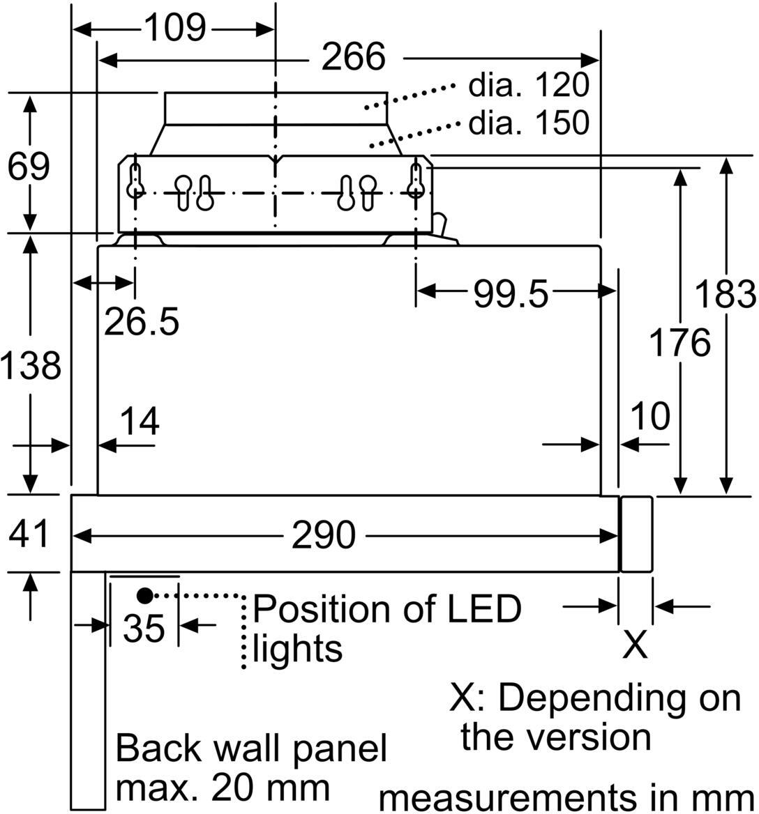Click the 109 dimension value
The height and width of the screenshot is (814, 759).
174,29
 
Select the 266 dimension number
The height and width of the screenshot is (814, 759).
353,57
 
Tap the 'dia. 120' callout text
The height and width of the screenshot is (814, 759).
529,86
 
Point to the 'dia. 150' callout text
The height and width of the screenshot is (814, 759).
529,123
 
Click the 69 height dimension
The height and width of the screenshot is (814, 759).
29,167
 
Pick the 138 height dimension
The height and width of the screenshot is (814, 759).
30,366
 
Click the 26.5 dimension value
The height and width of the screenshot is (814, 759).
142,321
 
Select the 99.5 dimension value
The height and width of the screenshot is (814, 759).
511,294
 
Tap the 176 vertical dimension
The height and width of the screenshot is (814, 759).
679,342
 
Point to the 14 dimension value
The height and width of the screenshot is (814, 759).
140,421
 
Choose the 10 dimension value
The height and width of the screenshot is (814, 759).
649,416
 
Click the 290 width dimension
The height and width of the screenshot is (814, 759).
323,535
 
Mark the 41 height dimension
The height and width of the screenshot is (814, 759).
29,535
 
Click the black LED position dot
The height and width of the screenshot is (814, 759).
144,595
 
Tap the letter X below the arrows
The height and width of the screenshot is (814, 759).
634,645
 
